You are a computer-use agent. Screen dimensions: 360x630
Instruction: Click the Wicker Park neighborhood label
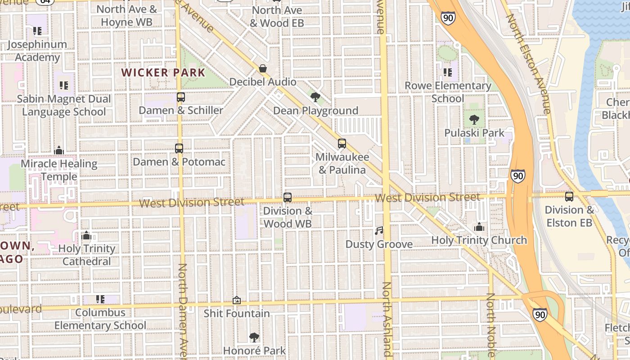pyautogui.click(x=163, y=72)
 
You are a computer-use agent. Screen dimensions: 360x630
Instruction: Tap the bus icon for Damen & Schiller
pyautogui.click(x=181, y=97)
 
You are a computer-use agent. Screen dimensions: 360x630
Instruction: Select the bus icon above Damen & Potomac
pyautogui.click(x=179, y=148)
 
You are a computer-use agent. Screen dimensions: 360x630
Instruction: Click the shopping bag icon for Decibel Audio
pyautogui.click(x=263, y=69)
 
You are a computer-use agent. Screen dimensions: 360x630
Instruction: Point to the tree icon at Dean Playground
pyautogui.click(x=315, y=97)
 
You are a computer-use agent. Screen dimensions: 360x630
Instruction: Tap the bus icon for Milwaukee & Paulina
pyautogui.click(x=342, y=144)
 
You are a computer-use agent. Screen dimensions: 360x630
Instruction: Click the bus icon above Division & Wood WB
pyautogui.click(x=288, y=198)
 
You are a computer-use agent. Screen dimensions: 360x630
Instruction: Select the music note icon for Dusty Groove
pyautogui.click(x=379, y=231)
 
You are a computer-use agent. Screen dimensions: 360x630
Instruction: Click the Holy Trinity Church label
pyautogui.click(x=479, y=240)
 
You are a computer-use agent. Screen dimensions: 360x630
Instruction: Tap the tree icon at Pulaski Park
pyautogui.click(x=474, y=120)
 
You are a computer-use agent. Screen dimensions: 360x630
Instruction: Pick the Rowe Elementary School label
pyautogui.click(x=448, y=92)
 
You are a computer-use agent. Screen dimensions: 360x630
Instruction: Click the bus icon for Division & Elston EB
pyautogui.click(x=569, y=197)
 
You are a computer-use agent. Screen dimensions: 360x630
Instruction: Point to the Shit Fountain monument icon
pyautogui.click(x=237, y=300)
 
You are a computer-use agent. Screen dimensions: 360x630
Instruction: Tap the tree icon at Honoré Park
pyautogui.click(x=254, y=337)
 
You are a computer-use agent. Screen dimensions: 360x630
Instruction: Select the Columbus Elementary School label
pyautogui.click(x=100, y=319)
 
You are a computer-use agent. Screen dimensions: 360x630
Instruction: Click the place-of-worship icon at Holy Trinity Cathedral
pyautogui.click(x=86, y=235)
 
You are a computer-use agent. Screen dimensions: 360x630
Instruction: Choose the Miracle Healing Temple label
pyautogui.click(x=59, y=170)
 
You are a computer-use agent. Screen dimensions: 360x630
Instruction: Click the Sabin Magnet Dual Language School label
pyautogui.click(x=64, y=105)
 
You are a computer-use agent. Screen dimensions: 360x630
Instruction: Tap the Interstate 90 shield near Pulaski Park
pyautogui.click(x=518, y=175)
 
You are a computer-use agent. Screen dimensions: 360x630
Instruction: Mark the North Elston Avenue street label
pyautogui.click(x=529, y=63)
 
